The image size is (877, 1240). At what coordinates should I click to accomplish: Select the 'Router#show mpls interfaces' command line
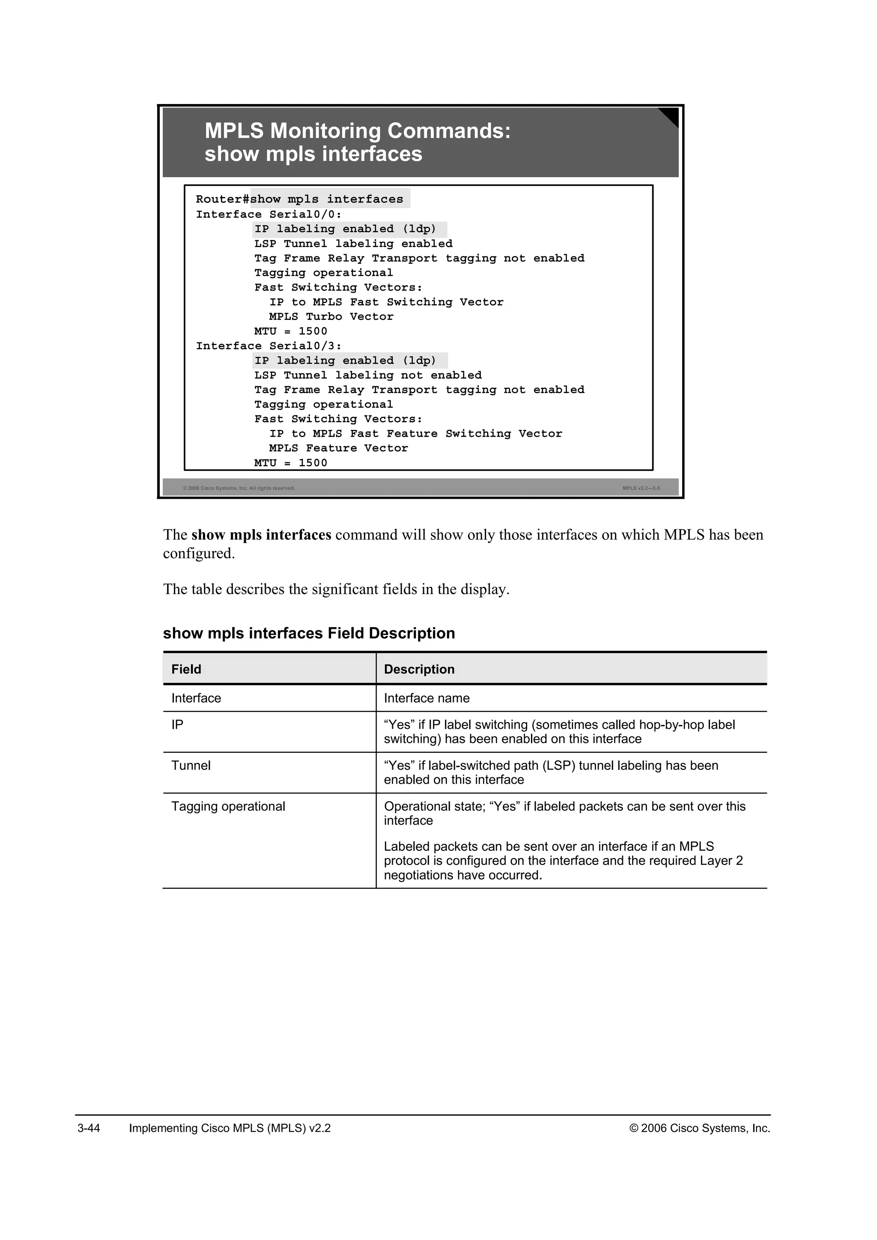(300, 199)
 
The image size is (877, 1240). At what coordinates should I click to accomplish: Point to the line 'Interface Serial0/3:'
(268, 346)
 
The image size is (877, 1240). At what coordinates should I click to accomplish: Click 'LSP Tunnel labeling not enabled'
(368, 375)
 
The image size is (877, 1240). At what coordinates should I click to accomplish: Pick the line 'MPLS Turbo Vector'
(331, 316)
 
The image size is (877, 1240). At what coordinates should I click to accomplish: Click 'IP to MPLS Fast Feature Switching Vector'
(415, 433)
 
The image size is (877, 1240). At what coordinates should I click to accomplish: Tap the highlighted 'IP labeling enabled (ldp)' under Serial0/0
(346, 229)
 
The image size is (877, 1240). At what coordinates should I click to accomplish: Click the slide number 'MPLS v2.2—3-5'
(641, 488)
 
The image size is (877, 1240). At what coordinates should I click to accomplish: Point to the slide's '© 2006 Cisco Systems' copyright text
(239, 488)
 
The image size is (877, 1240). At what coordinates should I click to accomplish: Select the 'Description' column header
(419, 669)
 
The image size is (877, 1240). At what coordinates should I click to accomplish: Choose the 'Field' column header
(186, 669)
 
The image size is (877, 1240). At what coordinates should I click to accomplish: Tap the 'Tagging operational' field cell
(228, 806)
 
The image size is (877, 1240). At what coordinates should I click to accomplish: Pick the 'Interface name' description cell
(427, 698)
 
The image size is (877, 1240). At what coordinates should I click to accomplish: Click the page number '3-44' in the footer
(89, 1128)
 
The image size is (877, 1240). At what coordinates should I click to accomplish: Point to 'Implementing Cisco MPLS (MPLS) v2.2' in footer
(230, 1128)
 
